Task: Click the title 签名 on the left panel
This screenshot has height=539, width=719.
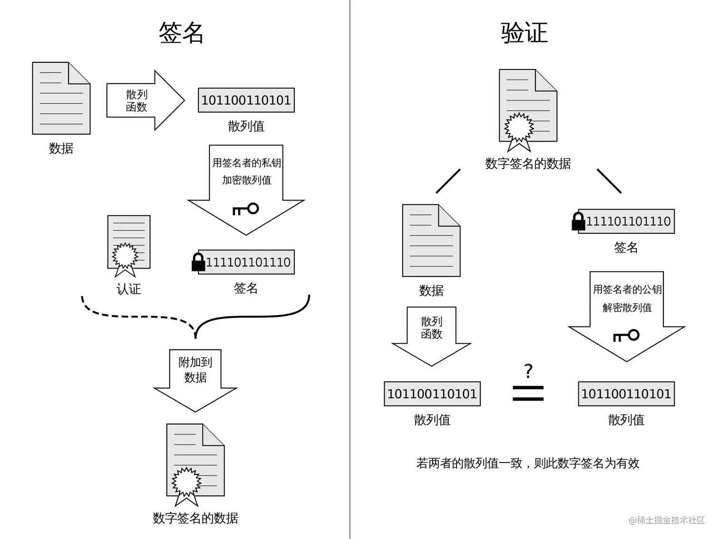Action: pyautogui.click(x=181, y=33)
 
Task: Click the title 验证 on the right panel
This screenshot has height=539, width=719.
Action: pyautogui.click(x=525, y=33)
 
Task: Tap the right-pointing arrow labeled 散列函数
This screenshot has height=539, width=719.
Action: pyautogui.click(x=146, y=100)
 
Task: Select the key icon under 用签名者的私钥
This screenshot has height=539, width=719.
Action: pyautogui.click(x=246, y=209)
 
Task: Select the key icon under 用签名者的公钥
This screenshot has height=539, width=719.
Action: pyautogui.click(x=626, y=336)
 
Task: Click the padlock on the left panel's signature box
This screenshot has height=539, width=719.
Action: pyautogui.click(x=198, y=262)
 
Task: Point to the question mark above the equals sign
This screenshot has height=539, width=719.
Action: pyautogui.click(x=528, y=371)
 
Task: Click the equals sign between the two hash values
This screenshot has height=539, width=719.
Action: pyautogui.click(x=528, y=394)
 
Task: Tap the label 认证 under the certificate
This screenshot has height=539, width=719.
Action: pyautogui.click(x=129, y=289)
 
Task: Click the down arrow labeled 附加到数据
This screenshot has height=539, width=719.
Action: pyautogui.click(x=195, y=381)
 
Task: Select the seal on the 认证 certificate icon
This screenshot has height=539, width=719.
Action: pyautogui.click(x=125, y=256)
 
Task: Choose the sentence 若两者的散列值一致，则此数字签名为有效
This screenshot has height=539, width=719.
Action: pyautogui.click(x=528, y=463)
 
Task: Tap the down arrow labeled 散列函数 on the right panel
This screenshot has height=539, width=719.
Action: pyautogui.click(x=431, y=337)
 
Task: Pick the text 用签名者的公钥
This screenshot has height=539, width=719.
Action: pyautogui.click(x=627, y=289)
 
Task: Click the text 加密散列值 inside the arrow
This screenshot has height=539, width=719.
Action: pyautogui.click(x=247, y=180)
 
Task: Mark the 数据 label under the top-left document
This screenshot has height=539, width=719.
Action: pyautogui.click(x=61, y=148)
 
